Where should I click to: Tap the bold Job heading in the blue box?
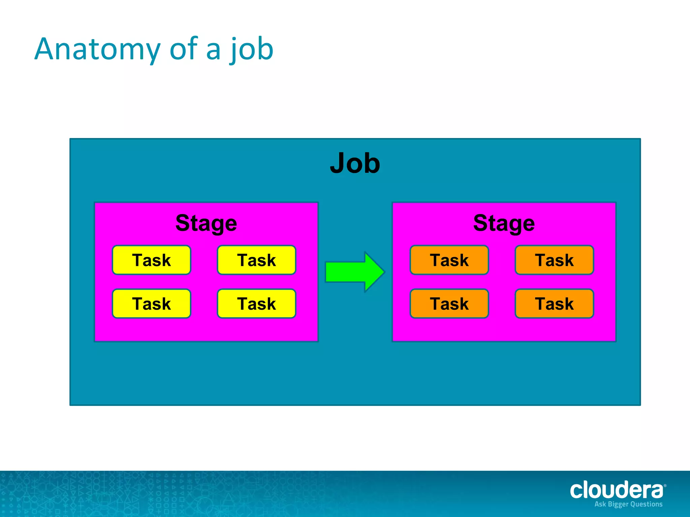click(355, 163)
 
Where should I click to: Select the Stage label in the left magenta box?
click(206, 223)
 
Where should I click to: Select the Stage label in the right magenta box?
click(504, 223)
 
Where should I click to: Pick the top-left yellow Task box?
click(152, 260)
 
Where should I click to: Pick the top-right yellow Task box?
click(256, 260)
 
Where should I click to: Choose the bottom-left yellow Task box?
click(152, 304)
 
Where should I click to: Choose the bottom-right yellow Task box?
click(256, 304)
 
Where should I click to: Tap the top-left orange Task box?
click(449, 260)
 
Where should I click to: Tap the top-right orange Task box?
click(554, 260)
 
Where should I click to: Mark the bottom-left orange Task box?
click(449, 304)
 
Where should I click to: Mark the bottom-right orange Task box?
click(554, 304)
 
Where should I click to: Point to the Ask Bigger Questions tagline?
click(628, 504)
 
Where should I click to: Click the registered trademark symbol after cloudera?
click(665, 486)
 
